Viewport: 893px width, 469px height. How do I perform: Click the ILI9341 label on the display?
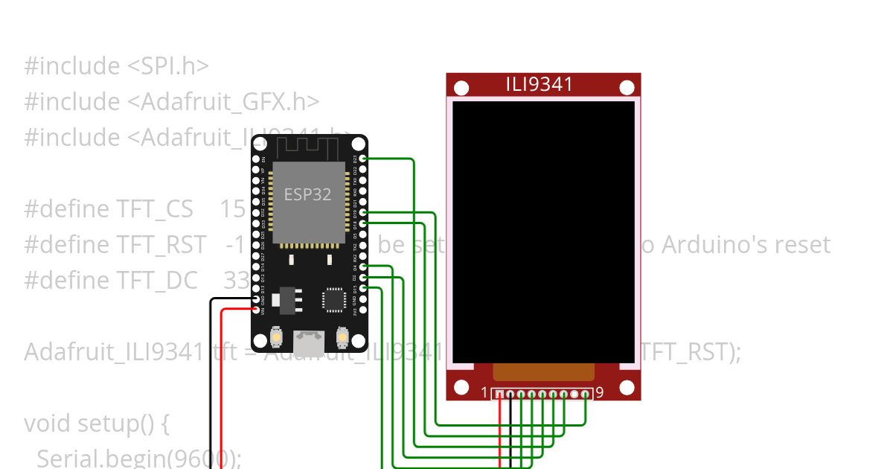[x=540, y=84]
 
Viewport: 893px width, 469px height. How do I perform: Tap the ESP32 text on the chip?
[x=307, y=194]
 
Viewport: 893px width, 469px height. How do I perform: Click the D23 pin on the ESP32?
[x=362, y=159]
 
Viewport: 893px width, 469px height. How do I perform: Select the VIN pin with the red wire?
[x=256, y=309]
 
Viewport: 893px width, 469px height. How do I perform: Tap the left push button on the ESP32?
[x=276, y=336]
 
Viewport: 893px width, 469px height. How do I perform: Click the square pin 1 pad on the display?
[x=500, y=394]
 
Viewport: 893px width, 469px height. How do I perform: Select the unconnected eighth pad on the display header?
[x=574, y=394]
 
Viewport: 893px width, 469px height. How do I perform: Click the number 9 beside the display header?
[x=600, y=392]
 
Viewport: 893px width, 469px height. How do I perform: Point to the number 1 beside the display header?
[x=484, y=392]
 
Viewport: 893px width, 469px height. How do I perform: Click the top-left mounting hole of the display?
[x=461, y=89]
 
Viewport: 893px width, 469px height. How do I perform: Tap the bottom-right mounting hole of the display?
[x=626, y=388]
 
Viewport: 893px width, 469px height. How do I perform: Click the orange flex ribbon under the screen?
[x=544, y=371]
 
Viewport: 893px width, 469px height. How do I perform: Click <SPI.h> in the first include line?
[x=168, y=66]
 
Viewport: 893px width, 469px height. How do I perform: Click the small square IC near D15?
[x=333, y=299]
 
